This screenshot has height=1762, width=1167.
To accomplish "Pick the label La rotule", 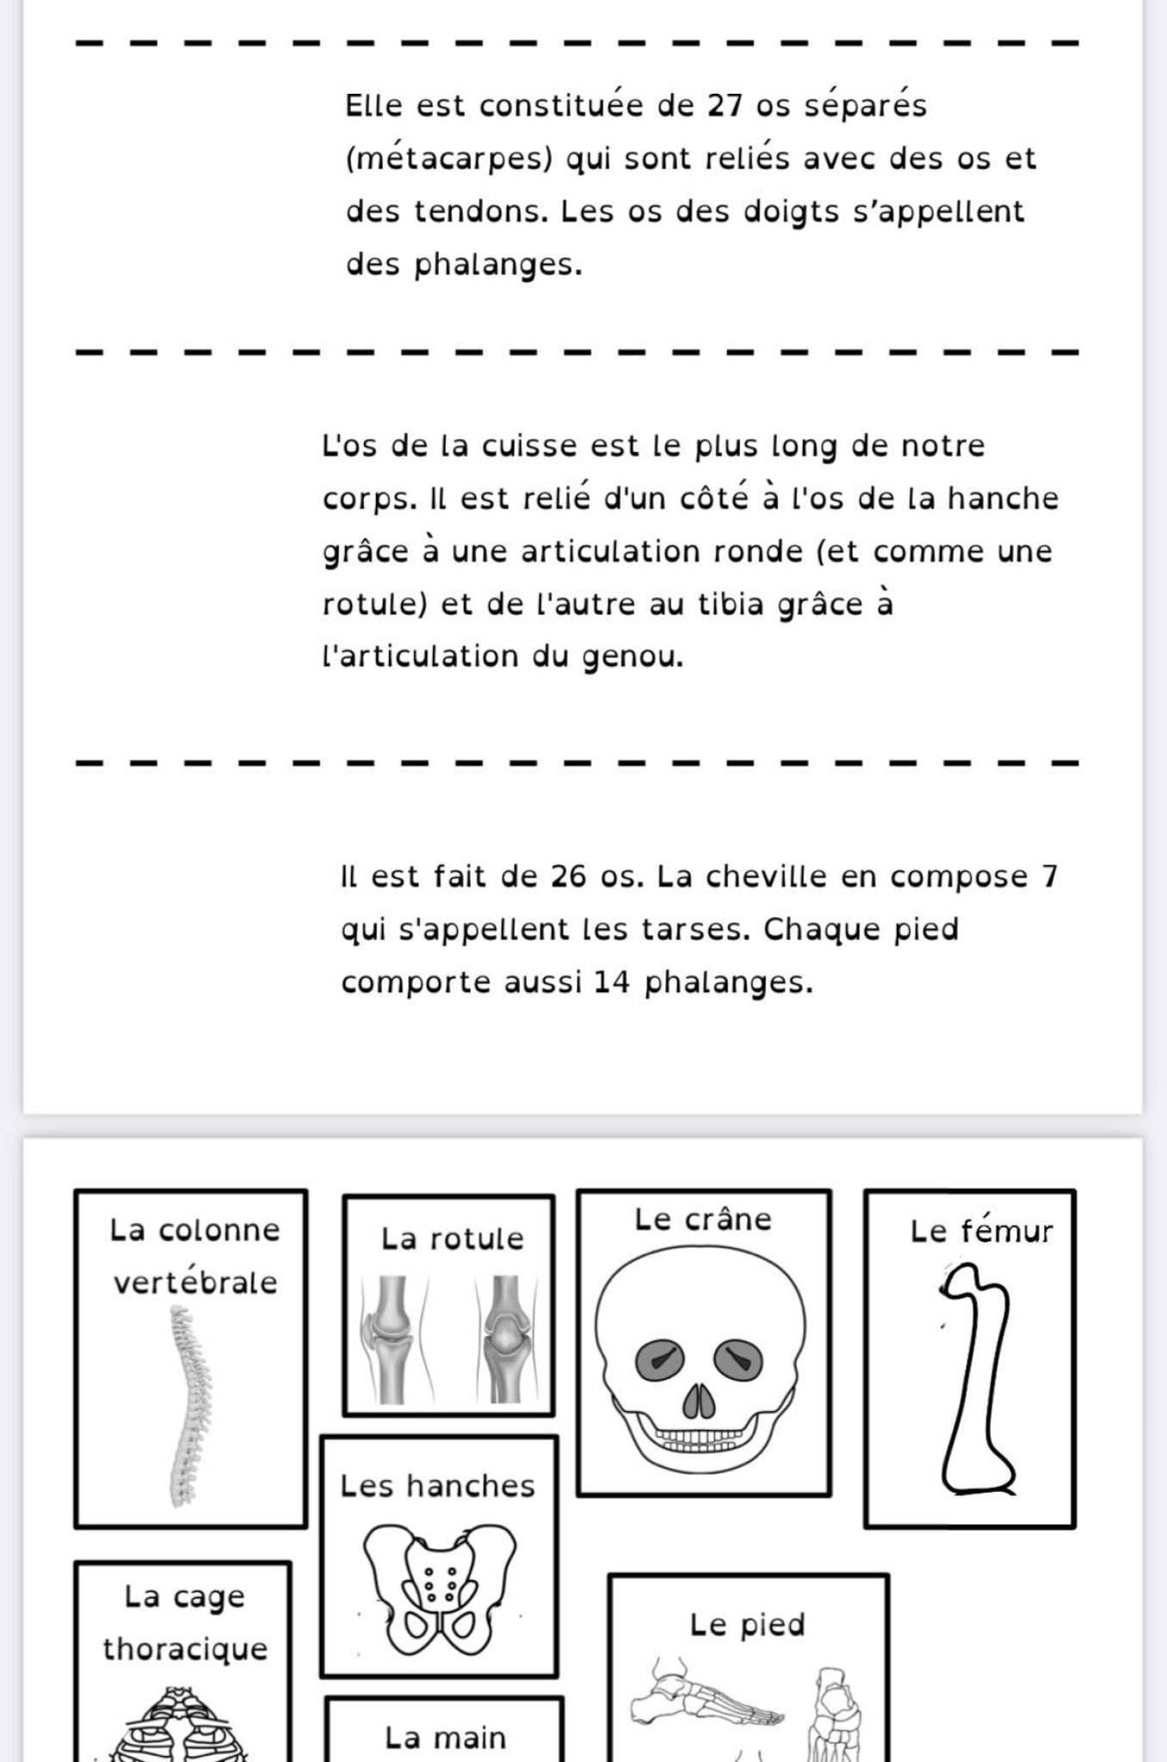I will (x=452, y=1239).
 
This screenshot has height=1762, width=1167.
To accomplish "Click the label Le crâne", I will (x=703, y=1219).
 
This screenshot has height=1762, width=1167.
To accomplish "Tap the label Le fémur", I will (x=981, y=1231).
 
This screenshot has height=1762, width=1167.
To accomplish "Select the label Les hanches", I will (x=437, y=1486).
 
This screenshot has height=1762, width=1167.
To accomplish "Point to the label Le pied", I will (x=747, y=1624).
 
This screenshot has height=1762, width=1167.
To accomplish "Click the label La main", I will (x=445, y=1737).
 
